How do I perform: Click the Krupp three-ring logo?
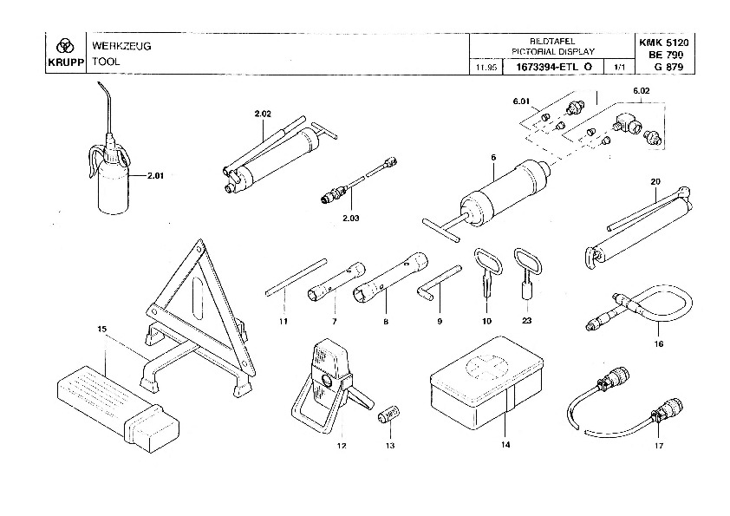tap(65, 46)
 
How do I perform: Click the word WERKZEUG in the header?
tap(121, 46)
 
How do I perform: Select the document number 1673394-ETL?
tap(547, 67)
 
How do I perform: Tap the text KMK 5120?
tap(663, 42)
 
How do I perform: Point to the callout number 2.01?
tap(155, 175)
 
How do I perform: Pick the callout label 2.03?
tap(350, 218)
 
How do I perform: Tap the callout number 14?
tap(505, 444)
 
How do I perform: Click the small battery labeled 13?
tap(388, 414)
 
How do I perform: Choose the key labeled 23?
tap(527, 275)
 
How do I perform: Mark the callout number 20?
tap(655, 181)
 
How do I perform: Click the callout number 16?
tap(658, 343)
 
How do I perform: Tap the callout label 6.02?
tap(641, 91)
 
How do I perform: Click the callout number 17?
tap(658, 446)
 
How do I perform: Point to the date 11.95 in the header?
tap(486, 68)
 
